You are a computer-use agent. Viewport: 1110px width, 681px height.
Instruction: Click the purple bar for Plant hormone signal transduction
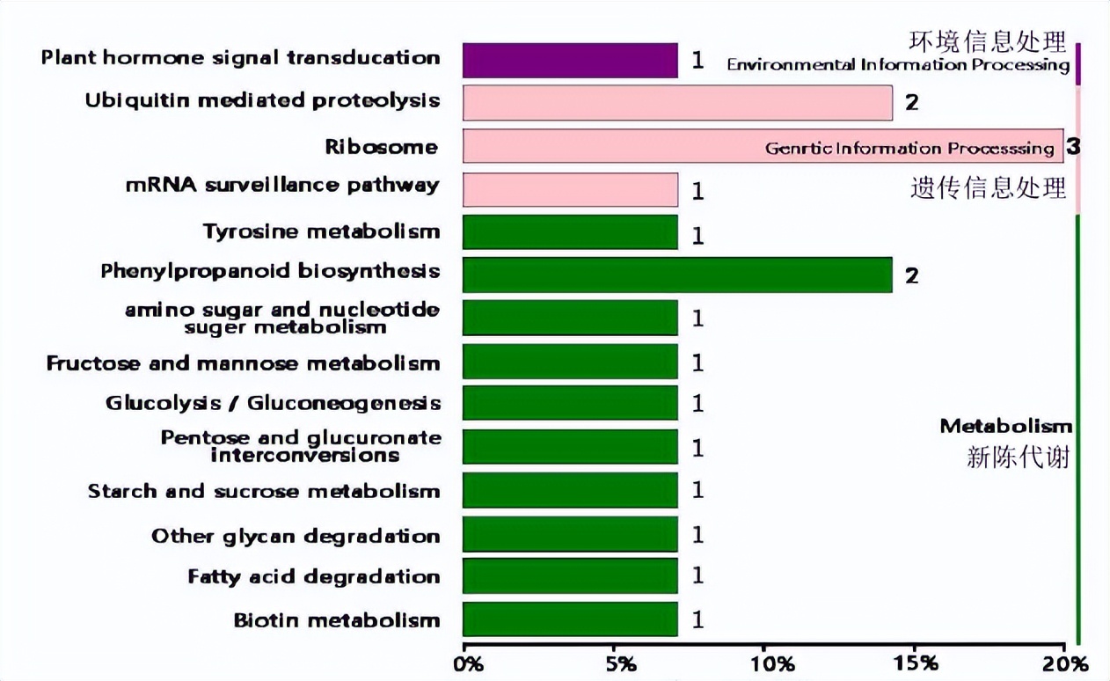pyautogui.click(x=570, y=60)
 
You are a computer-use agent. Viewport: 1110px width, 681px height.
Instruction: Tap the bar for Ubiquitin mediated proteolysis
pyautogui.click(x=677, y=103)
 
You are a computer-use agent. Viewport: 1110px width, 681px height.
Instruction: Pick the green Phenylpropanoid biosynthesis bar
pyautogui.click(x=677, y=275)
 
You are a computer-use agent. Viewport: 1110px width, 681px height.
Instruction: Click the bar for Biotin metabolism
pyautogui.click(x=570, y=619)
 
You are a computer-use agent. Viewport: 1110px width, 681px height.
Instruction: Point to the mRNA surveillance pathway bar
pyautogui.click(x=570, y=189)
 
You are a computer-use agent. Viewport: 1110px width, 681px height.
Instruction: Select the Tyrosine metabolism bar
pyautogui.click(x=570, y=232)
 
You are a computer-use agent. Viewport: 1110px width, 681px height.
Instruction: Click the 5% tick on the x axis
pyautogui.click(x=621, y=663)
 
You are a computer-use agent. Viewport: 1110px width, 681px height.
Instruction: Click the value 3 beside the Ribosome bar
pyautogui.click(x=1073, y=146)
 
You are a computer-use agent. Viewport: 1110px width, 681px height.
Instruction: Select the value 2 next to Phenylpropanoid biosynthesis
pyautogui.click(x=912, y=275)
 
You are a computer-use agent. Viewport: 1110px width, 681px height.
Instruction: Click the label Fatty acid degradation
pyautogui.click(x=313, y=577)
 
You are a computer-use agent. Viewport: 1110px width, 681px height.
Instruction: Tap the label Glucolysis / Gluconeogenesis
pyautogui.click(x=273, y=403)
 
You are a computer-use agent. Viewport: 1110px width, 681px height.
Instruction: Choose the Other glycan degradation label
pyautogui.click(x=295, y=536)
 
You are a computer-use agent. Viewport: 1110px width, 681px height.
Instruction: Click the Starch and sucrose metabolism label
pyautogui.click(x=263, y=491)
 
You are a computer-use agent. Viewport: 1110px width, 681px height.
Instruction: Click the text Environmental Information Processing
pyautogui.click(x=898, y=65)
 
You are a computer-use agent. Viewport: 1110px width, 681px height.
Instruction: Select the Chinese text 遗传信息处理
pyautogui.click(x=988, y=187)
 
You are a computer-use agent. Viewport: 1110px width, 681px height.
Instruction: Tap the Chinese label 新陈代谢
pyautogui.click(x=1018, y=457)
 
